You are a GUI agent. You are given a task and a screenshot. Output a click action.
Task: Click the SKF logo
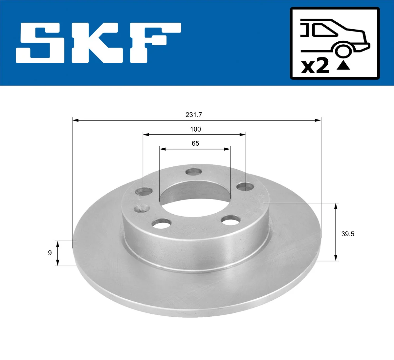click(98, 43)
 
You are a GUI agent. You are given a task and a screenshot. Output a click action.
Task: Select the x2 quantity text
click(315, 66)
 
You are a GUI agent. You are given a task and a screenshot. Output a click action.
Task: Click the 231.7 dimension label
click(194, 115)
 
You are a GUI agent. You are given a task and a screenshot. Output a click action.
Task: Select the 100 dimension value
click(195, 129)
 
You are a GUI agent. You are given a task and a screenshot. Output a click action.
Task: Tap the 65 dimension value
click(195, 143)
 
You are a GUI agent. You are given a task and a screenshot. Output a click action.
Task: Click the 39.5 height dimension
click(348, 234)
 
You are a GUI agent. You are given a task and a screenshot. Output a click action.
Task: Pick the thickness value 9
click(50, 253)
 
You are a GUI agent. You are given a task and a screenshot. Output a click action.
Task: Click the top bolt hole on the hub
click(193, 172)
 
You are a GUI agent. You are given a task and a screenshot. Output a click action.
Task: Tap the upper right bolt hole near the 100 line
click(245, 187)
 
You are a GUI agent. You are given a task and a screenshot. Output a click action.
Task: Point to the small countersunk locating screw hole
click(142, 208)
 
